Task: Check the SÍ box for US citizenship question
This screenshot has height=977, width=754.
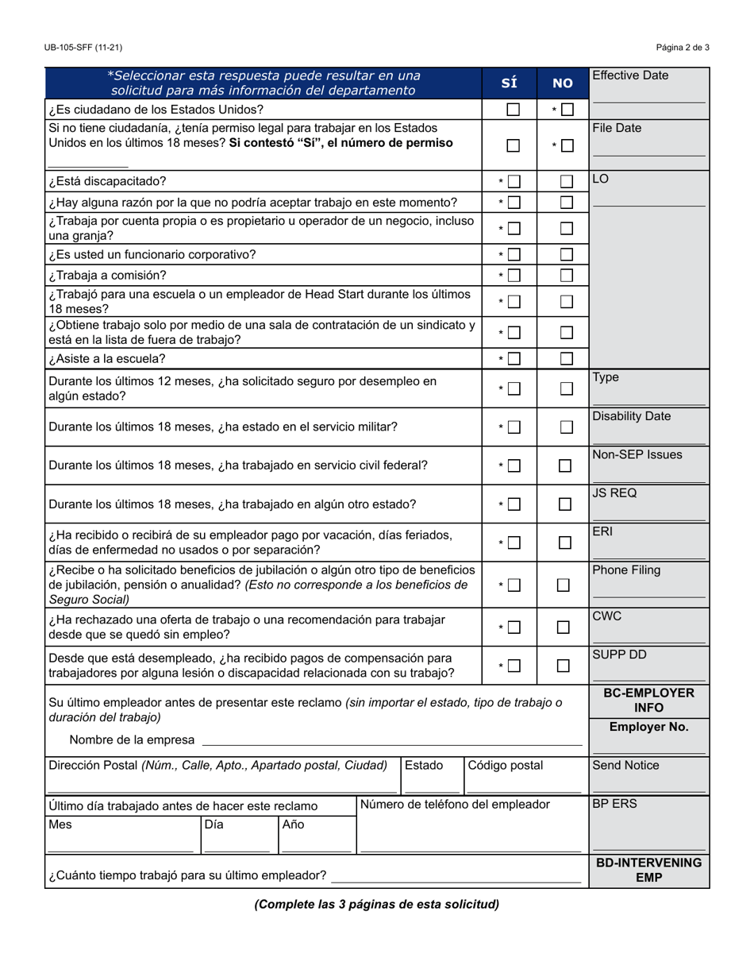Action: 514,110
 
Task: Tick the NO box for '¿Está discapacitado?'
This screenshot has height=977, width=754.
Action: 566,182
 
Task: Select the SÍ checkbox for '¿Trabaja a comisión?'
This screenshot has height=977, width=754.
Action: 514,276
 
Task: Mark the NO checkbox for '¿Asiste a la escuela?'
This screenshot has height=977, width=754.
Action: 566,358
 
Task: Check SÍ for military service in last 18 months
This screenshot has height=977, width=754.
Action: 514,427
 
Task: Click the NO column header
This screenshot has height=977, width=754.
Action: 562,83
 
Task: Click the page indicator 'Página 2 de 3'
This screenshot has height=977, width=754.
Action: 683,48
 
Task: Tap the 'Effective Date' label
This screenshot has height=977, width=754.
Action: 630,76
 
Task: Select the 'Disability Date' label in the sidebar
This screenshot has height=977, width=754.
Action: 631,416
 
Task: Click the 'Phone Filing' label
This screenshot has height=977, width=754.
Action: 626,570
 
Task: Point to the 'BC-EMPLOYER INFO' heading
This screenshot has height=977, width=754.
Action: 648,700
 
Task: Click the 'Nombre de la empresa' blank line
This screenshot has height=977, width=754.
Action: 391,740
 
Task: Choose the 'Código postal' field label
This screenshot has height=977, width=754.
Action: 506,766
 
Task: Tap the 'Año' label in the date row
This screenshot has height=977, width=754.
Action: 294,824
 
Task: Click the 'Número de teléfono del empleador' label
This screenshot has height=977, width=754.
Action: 455,805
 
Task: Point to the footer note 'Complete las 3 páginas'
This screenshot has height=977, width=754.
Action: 376,904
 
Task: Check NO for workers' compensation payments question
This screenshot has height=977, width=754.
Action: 564,666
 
